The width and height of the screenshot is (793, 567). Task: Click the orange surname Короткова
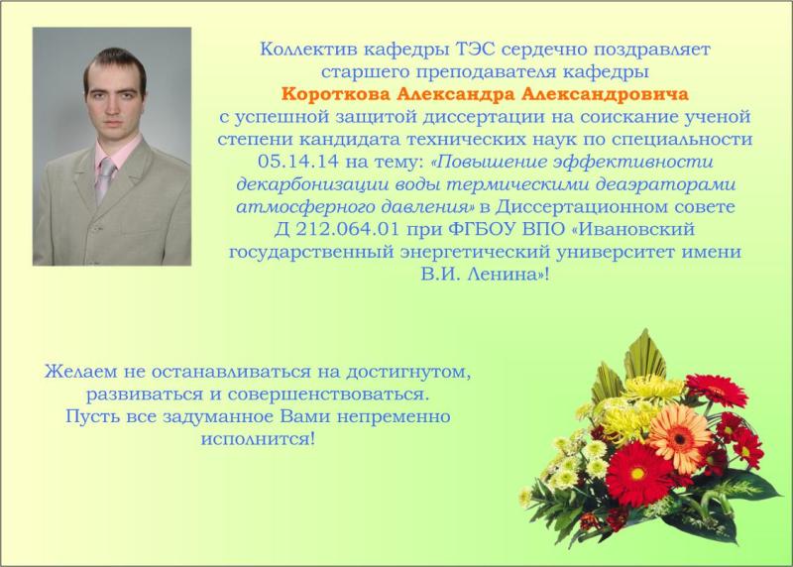tap(335, 94)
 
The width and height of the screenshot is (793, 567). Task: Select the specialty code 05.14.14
tap(298, 162)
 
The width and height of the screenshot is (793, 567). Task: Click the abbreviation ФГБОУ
tap(483, 229)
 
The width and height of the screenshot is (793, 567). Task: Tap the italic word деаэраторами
tap(665, 184)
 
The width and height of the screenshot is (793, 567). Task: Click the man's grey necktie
tap(105, 179)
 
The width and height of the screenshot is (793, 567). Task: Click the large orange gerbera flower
tap(679, 437)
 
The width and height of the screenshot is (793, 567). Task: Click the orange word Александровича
tap(605, 94)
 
